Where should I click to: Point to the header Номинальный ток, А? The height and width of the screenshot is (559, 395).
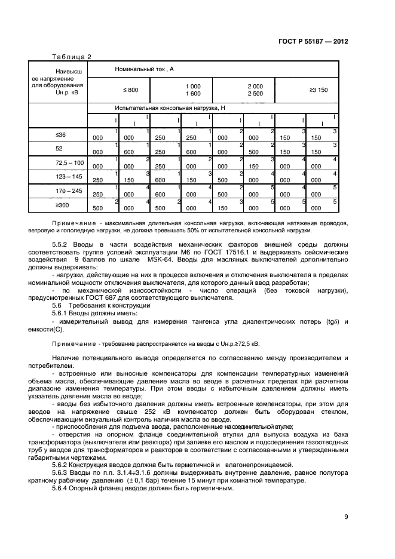(x=144, y=70)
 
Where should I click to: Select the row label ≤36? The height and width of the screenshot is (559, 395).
(x=60, y=135)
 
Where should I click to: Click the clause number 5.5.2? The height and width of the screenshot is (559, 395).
(x=62, y=245)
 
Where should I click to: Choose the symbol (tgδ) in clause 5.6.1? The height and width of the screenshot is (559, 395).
(x=326, y=321)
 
